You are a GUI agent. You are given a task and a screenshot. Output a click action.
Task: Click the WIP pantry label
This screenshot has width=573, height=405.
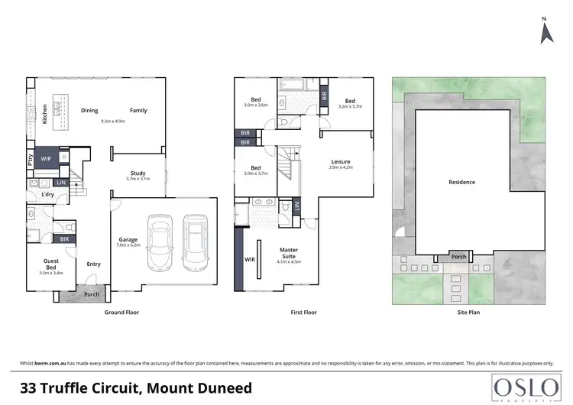pyautogui.click(x=45, y=159)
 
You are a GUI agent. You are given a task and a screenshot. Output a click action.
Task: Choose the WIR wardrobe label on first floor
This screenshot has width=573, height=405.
pyautogui.click(x=249, y=261)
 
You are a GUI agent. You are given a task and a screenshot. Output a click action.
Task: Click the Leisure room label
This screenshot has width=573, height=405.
pyautogui.click(x=341, y=161)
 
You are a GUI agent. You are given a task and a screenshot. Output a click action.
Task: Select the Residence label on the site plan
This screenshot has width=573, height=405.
pyautogui.click(x=461, y=182)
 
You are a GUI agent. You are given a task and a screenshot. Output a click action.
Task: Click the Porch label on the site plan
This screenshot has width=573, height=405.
pyautogui.click(x=459, y=257)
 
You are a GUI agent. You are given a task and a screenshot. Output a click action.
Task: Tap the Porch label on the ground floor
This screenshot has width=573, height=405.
pyautogui.click(x=92, y=294)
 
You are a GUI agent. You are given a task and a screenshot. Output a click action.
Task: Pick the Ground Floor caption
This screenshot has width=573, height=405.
pyautogui.click(x=121, y=313)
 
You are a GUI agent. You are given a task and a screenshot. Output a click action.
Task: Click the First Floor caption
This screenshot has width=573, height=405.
pyautogui.click(x=304, y=313)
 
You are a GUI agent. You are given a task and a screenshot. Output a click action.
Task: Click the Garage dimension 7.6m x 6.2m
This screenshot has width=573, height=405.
pyautogui.click(x=128, y=245)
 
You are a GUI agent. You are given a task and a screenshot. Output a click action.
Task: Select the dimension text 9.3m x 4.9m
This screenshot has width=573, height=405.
pyautogui.click(x=112, y=121)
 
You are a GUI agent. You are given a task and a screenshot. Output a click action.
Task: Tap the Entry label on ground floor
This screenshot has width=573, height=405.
pyautogui.click(x=93, y=264)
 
